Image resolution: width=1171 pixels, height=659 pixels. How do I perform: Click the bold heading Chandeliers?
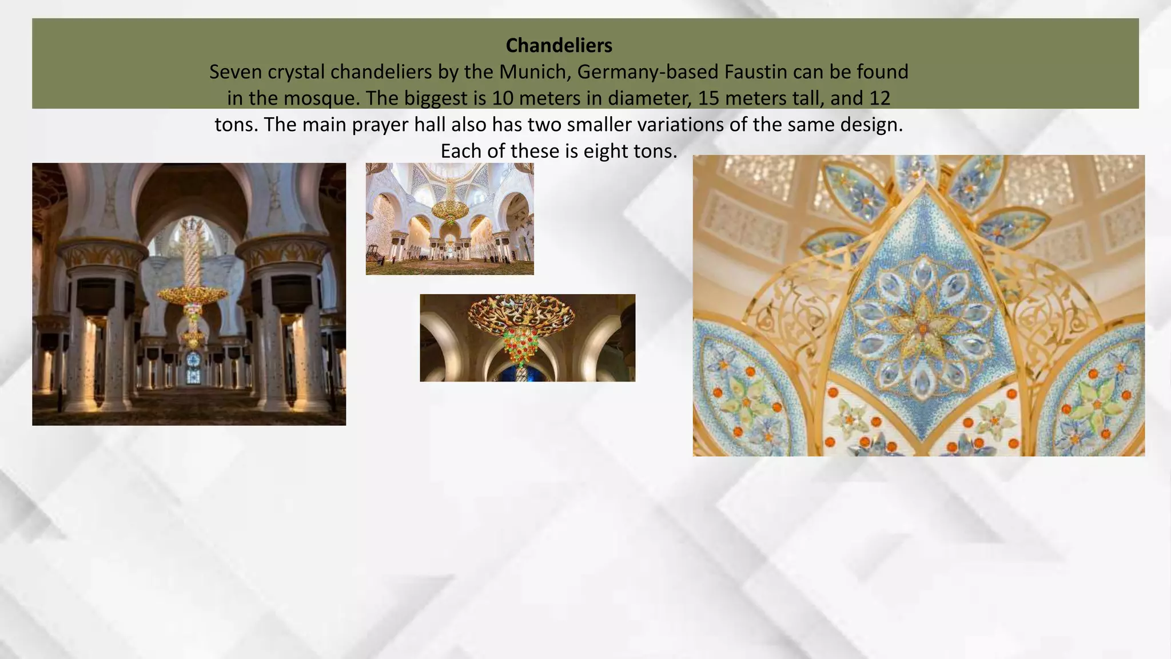[559, 45]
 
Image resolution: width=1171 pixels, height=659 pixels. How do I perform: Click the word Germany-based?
[648, 72]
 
